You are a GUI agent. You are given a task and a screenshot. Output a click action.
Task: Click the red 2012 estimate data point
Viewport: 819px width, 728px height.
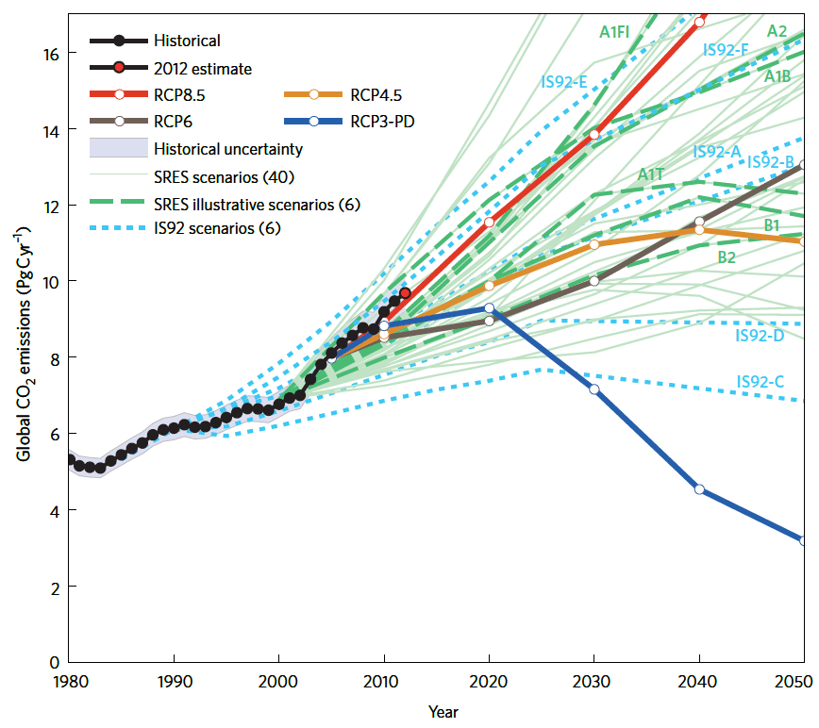click(405, 293)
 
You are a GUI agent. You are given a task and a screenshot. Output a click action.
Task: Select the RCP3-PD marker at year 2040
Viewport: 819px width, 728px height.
click(699, 488)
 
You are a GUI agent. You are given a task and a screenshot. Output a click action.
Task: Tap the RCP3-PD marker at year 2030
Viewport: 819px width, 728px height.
click(594, 389)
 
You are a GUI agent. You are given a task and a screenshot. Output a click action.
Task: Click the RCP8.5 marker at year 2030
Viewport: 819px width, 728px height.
click(594, 134)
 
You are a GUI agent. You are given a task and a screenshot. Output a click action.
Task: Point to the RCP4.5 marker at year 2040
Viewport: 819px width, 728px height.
click(699, 229)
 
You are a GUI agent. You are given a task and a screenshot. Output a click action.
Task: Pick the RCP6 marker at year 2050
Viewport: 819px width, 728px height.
click(804, 165)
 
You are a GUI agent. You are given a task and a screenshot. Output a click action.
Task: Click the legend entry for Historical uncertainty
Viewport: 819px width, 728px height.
click(227, 148)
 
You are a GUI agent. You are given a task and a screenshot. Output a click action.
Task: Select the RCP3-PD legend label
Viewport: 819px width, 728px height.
click(385, 121)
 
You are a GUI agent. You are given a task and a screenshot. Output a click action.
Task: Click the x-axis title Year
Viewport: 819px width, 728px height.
click(443, 711)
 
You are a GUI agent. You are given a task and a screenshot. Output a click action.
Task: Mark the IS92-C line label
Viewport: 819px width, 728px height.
click(760, 382)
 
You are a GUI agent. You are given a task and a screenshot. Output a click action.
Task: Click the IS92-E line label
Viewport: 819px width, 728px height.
click(564, 82)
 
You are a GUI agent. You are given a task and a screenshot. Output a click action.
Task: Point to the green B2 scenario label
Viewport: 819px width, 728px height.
click(727, 256)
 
